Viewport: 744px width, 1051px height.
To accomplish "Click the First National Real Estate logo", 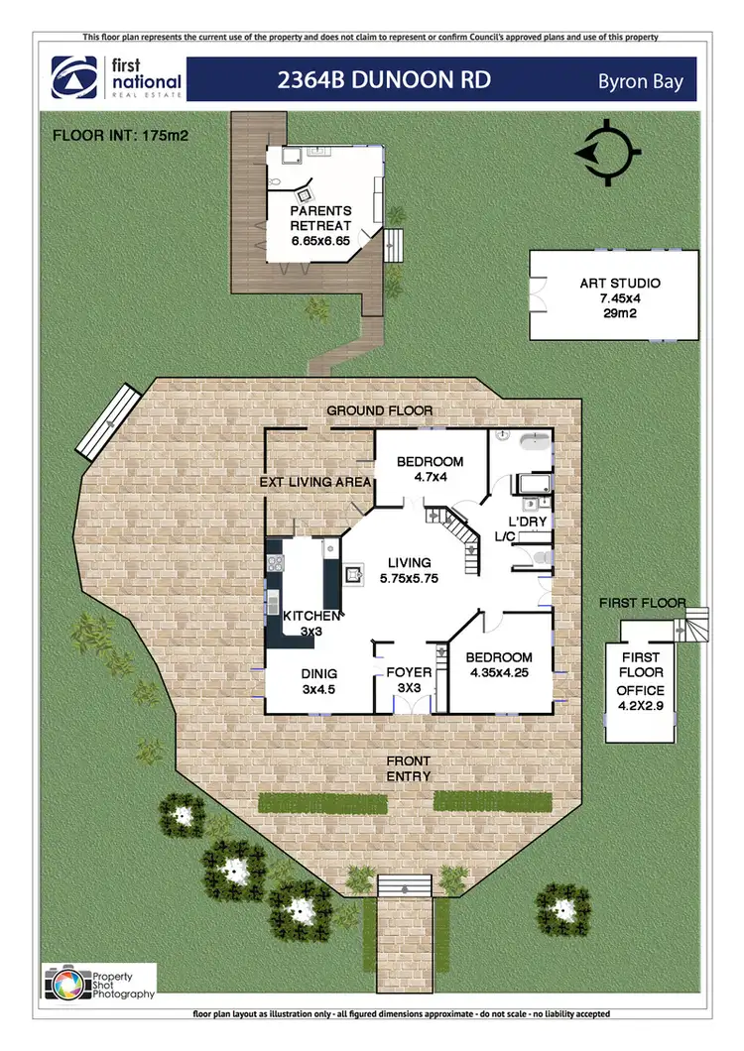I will (117, 78).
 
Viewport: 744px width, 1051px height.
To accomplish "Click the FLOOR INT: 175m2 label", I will (121, 133).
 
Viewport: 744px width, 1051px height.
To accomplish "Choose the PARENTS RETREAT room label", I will (321, 226).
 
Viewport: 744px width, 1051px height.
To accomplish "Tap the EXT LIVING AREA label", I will (315, 482).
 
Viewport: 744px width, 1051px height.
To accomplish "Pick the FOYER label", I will (409, 680).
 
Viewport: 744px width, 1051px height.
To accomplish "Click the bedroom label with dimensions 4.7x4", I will (431, 469).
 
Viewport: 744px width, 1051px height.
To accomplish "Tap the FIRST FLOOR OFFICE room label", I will (640, 682).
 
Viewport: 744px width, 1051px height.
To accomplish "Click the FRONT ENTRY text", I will (407, 768).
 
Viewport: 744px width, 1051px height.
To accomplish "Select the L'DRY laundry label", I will (527, 522).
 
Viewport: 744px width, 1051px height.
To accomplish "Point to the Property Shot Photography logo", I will (100, 982).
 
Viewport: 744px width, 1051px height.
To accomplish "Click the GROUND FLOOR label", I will (380, 410).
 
